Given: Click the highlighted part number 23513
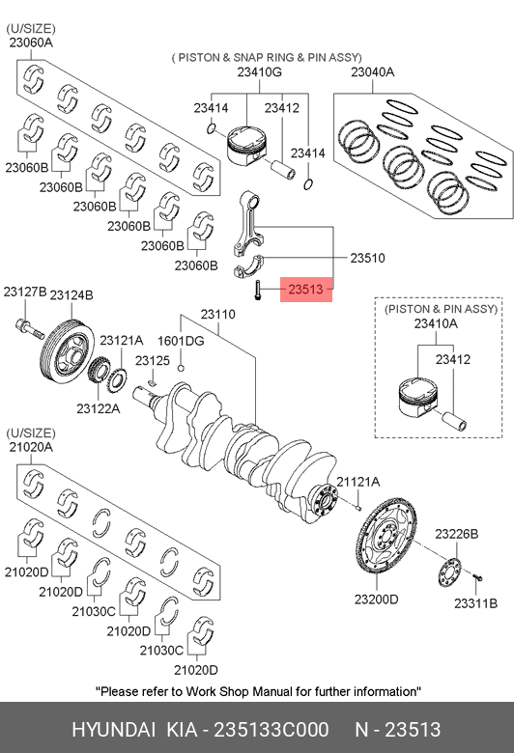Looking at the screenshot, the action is point(306,289).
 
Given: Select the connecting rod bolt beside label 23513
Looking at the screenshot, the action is point(258,290).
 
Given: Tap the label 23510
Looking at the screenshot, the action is point(367,258).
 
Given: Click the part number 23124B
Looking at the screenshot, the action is point(71,294).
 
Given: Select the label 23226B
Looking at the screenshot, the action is point(457,534).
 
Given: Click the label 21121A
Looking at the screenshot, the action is point(358,482).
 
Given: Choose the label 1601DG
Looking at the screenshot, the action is point(181,341).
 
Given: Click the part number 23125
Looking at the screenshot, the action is point(153,361).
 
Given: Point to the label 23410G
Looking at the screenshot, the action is point(260,72).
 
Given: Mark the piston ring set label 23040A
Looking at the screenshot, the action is point(373,72).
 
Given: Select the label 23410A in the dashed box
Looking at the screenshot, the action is point(436,324).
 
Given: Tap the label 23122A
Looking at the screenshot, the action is point(99,408).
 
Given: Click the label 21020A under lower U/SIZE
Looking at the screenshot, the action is point(31,447).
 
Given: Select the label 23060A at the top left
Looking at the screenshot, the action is point(31,42).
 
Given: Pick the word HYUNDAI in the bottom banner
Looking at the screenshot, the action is point(113,730).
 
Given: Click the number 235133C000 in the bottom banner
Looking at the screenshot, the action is point(271,730).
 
